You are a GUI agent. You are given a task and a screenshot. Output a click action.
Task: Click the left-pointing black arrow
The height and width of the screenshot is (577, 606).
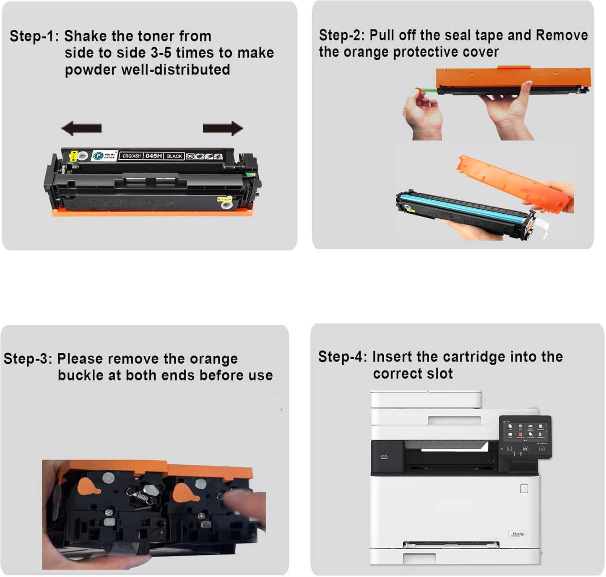click(x=81, y=128)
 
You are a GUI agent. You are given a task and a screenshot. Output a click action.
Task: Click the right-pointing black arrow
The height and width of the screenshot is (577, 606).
click(x=223, y=128)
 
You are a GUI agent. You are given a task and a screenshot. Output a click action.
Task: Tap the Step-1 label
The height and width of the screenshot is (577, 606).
click(x=34, y=36)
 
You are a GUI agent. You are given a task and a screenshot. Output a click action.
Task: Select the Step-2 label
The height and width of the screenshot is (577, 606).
click(x=342, y=35)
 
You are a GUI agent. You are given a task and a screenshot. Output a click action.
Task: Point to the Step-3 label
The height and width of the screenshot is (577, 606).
click(x=28, y=359)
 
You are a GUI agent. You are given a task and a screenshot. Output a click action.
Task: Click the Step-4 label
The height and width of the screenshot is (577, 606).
click(x=342, y=357)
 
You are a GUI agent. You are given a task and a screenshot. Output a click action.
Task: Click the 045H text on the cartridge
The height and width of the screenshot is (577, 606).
click(x=153, y=156)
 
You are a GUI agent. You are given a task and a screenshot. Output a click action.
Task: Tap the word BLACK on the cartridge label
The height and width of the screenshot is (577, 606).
click(x=174, y=156)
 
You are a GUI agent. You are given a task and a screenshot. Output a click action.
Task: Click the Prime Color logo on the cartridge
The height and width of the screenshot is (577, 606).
click(x=104, y=156)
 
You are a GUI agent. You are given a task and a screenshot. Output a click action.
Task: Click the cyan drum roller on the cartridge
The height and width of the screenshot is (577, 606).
click(x=461, y=204)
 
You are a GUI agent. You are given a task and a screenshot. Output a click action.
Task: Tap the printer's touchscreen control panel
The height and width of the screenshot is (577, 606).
click(x=525, y=436)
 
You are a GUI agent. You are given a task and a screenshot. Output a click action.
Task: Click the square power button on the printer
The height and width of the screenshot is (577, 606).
click(x=524, y=489)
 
